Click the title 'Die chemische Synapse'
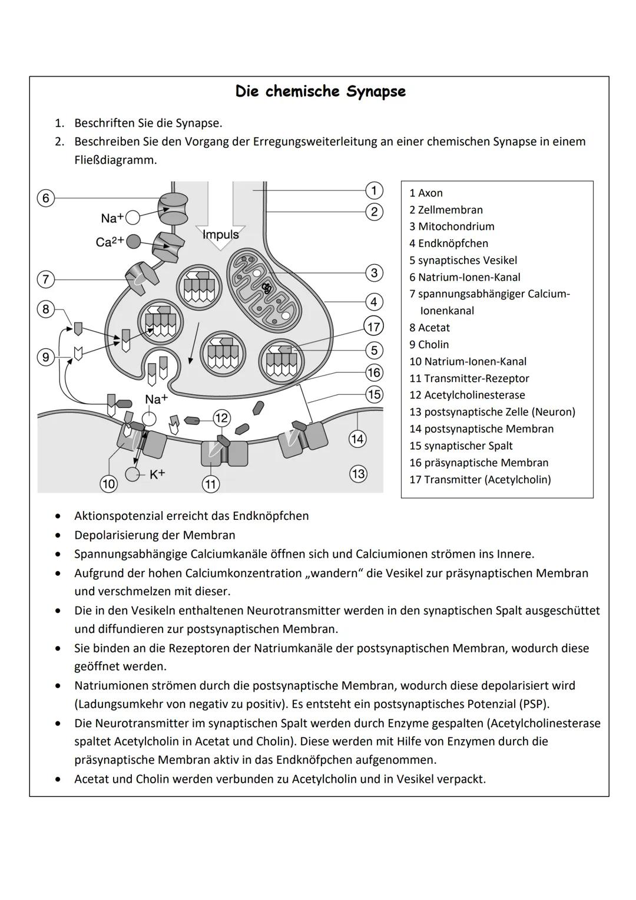[320, 91]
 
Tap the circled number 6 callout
[46, 198]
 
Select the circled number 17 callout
[374, 326]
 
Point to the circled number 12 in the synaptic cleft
[221, 418]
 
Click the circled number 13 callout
[358, 474]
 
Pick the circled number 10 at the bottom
[108, 484]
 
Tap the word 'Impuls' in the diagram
[220, 235]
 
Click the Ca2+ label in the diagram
[110, 242]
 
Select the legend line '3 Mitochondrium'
[452, 226]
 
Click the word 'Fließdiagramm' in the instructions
[115, 160]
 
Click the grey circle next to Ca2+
[134, 241]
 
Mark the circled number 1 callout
[374, 190]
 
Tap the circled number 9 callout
[46, 357]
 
